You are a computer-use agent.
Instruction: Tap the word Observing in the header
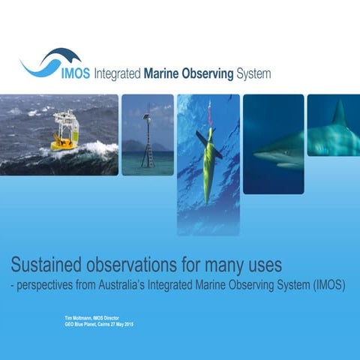pos(217,74)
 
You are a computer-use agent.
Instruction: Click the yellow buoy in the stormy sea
pos(64,130)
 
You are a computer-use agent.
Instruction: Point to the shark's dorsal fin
pos(339,113)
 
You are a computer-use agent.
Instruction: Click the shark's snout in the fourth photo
pos(259,154)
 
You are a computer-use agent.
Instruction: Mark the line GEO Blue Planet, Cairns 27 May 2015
pos(99,324)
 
